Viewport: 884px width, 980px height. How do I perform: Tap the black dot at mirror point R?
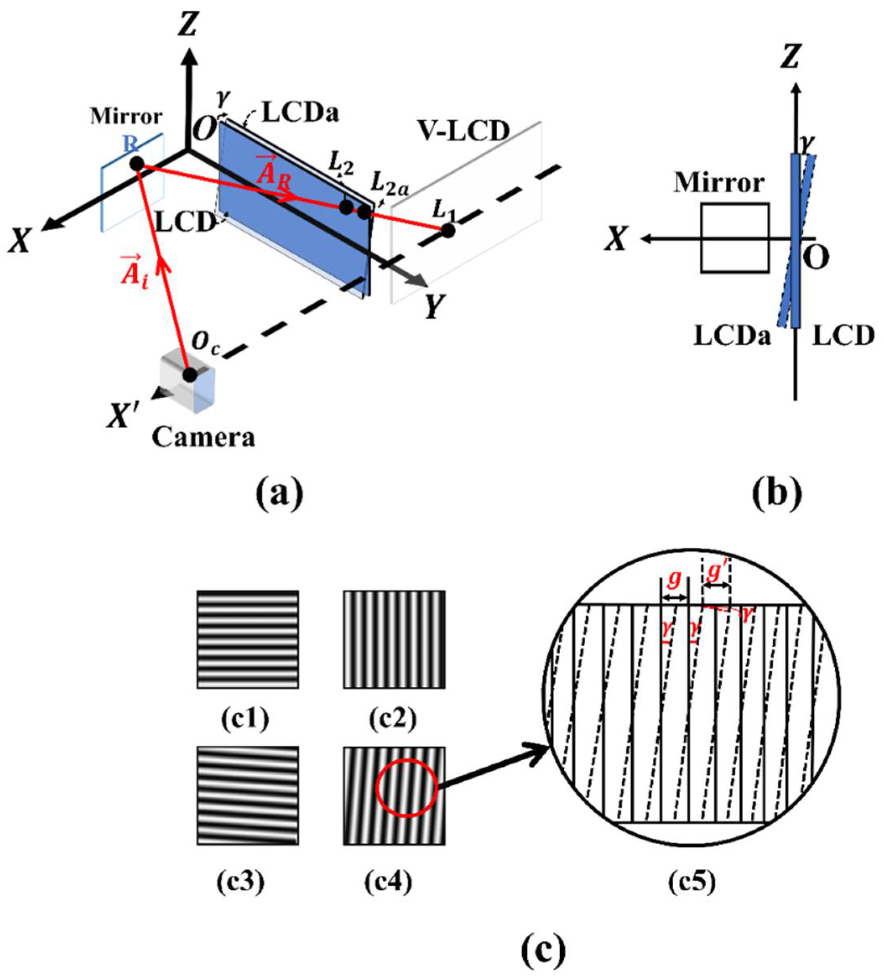(x=137, y=164)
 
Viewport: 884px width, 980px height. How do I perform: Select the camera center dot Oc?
(x=189, y=375)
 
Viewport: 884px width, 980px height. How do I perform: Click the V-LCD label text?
(x=464, y=132)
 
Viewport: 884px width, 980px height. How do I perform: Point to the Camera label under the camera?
(x=203, y=437)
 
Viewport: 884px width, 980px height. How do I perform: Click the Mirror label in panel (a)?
(x=126, y=117)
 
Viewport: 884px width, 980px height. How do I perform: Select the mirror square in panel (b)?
(x=734, y=238)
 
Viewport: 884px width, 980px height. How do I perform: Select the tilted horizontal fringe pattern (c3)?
(x=248, y=795)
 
